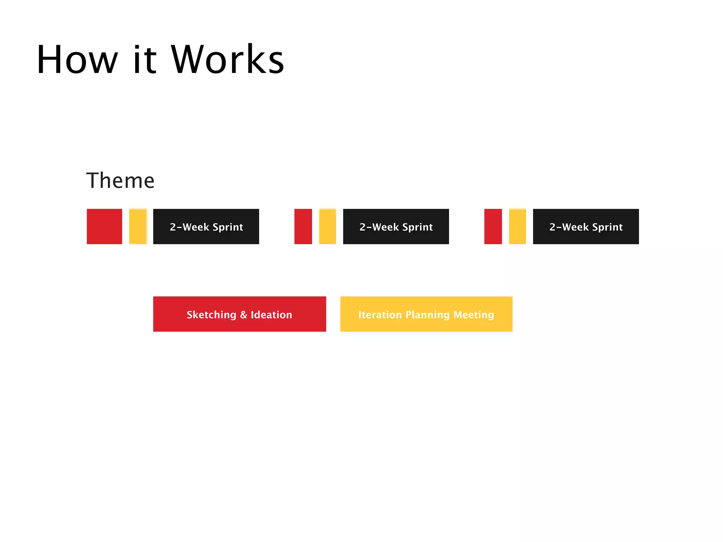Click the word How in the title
click(77, 59)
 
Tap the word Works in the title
click(228, 59)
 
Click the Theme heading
click(120, 181)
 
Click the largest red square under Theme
click(104, 227)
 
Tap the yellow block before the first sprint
click(138, 227)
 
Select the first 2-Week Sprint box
click(206, 227)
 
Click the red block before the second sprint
click(303, 227)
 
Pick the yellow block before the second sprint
click(328, 227)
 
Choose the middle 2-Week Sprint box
click(396, 227)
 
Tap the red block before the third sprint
click(493, 227)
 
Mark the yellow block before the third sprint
click(518, 227)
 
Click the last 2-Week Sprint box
click(586, 227)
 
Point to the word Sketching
click(211, 315)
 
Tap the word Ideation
click(271, 315)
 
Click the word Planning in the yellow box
click(428, 315)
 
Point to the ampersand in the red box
click(244, 315)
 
